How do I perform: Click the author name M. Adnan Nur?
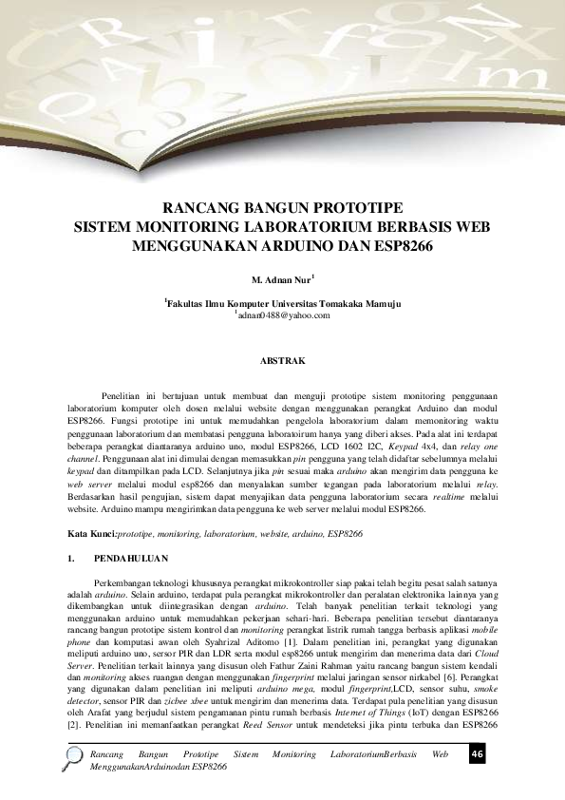pyautogui.click(x=281, y=282)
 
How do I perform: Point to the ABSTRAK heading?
pyautogui.click(x=282, y=361)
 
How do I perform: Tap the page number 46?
pyautogui.click(x=478, y=754)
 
